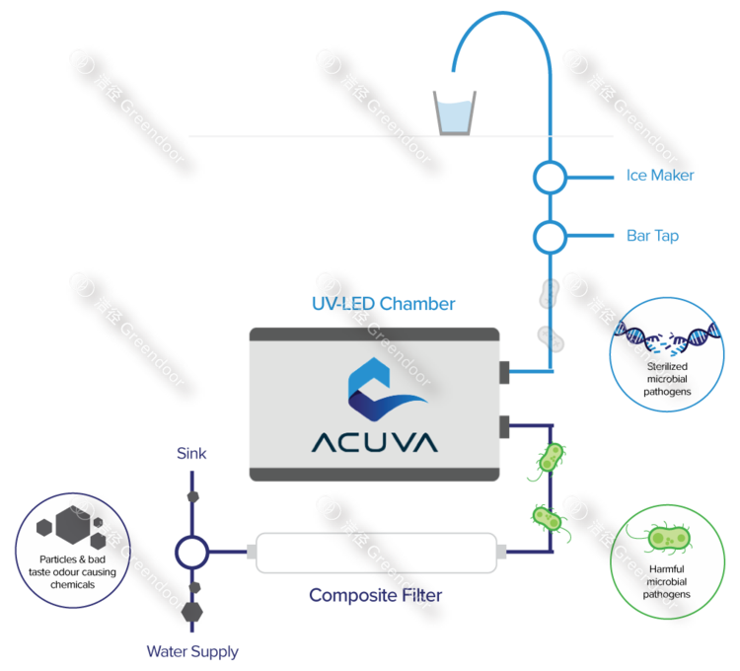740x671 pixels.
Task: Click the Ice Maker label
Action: click(660, 176)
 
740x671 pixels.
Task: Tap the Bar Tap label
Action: click(652, 236)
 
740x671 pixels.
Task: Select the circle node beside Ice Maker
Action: click(550, 178)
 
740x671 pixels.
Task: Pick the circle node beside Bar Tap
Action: click(550, 237)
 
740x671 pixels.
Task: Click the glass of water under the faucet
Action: click(456, 112)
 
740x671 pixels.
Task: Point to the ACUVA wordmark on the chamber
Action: click(375, 441)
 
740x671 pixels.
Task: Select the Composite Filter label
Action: click(375, 595)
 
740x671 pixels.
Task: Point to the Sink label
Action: click(191, 454)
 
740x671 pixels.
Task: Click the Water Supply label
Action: click(192, 651)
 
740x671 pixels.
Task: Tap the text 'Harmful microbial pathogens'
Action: click(668, 582)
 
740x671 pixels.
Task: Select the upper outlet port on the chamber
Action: click(504, 372)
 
